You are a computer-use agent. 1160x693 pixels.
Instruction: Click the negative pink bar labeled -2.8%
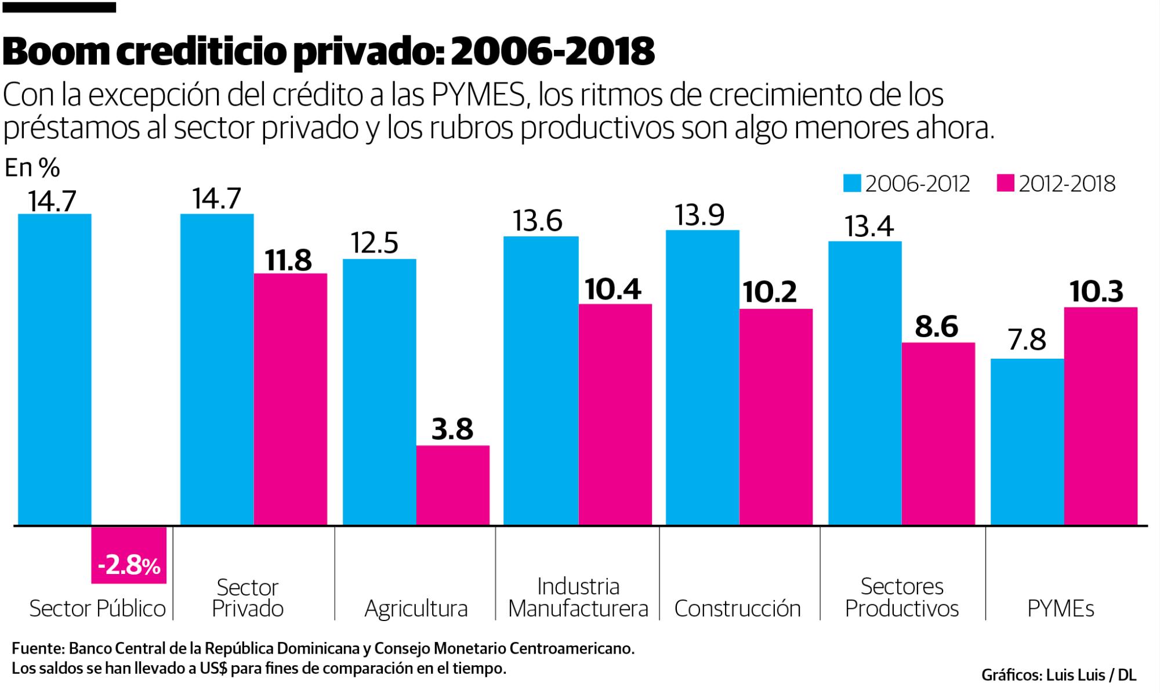pyautogui.click(x=129, y=555)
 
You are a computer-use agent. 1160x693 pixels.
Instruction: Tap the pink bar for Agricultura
pyautogui.click(x=452, y=485)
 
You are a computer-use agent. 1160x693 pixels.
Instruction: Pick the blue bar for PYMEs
pyautogui.click(x=1027, y=442)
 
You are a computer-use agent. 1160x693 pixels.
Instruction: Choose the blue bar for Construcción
pyautogui.click(x=702, y=377)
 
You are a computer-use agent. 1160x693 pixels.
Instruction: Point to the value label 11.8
pyautogui.click(x=288, y=261)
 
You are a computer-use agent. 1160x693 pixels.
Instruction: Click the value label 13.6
pyautogui.click(x=537, y=222)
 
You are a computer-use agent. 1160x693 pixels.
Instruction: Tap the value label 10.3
pyautogui.click(x=1096, y=292)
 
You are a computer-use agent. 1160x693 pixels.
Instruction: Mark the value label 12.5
pyautogui.click(x=375, y=244)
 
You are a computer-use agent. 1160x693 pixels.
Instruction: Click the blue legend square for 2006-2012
pyautogui.click(x=853, y=184)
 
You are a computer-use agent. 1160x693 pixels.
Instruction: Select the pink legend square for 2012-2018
pyautogui.click(x=1006, y=184)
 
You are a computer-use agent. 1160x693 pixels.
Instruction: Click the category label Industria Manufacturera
pyautogui.click(x=578, y=598)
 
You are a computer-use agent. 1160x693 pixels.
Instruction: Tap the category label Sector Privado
pyautogui.click(x=248, y=598)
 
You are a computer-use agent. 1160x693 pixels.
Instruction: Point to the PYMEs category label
pyautogui.click(x=1060, y=608)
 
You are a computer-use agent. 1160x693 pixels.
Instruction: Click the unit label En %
pyautogui.click(x=32, y=168)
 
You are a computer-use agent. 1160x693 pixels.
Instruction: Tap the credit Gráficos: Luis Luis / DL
pyautogui.click(x=1058, y=675)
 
